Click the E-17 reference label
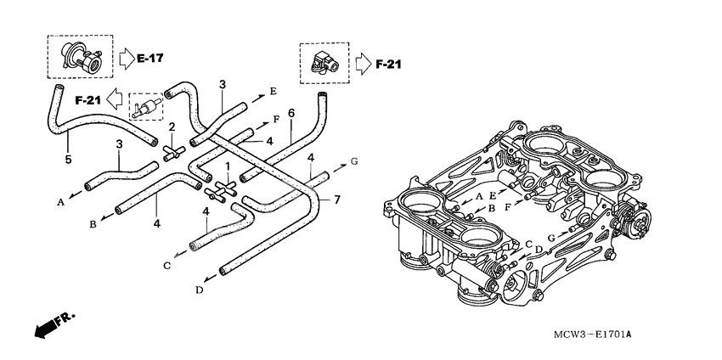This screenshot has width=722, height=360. point(149,58)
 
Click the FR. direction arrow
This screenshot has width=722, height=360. point(54,324)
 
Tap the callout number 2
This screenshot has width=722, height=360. point(172,127)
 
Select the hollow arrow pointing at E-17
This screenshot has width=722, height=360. point(124,59)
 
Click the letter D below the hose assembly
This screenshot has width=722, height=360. point(199,290)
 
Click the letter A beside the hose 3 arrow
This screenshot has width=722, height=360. point(60,202)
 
